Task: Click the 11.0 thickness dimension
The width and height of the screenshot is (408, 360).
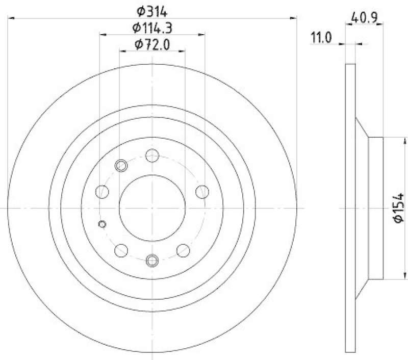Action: (321, 38)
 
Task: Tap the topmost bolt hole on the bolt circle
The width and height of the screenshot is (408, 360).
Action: (152, 155)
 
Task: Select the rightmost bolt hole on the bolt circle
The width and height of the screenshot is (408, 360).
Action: (202, 192)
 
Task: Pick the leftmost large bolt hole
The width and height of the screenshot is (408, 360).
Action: (103, 192)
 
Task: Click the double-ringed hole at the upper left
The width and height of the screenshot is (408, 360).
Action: (121, 165)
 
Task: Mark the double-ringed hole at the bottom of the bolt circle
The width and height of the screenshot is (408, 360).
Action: (152, 261)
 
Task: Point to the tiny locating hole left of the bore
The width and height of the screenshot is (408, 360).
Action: (102, 224)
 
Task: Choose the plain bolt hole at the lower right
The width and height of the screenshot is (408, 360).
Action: (183, 250)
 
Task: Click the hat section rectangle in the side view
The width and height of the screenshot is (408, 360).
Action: (375, 208)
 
